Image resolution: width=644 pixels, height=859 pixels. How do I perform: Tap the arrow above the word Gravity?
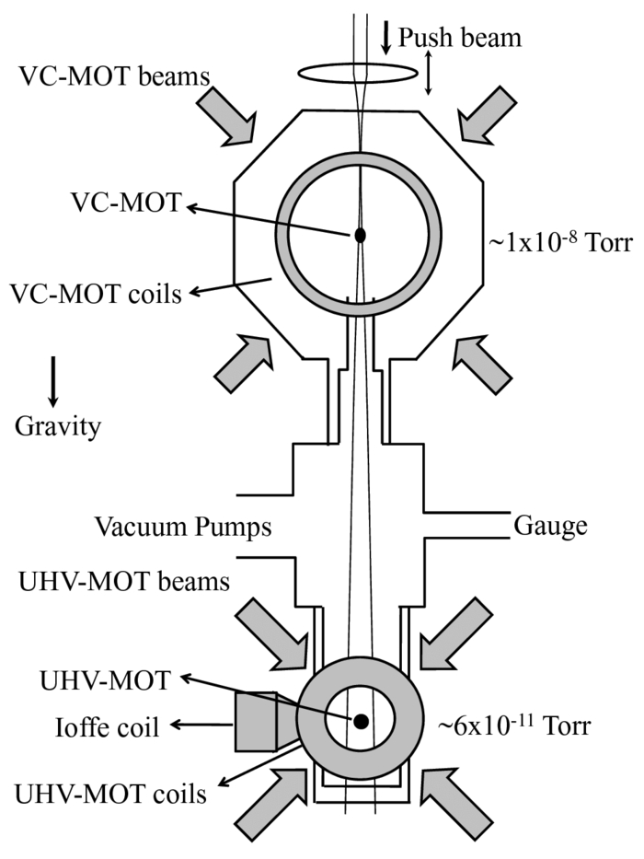53,379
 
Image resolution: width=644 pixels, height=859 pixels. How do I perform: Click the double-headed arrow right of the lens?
429,73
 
